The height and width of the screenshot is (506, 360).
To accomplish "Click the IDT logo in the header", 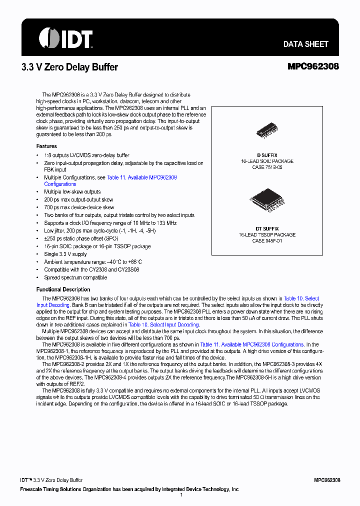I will click(x=65, y=38).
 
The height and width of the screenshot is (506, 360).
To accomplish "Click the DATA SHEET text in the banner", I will click(x=305, y=44).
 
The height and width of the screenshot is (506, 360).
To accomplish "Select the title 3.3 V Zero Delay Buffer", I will click(x=69, y=67).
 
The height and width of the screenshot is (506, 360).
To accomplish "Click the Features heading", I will click(x=46, y=146).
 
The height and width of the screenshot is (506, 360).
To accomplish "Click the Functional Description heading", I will click(x=63, y=289).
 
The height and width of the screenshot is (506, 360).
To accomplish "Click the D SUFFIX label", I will click(x=267, y=155).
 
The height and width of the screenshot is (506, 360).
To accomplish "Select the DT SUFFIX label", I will click(x=267, y=228).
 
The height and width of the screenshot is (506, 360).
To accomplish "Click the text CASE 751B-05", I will click(x=267, y=167).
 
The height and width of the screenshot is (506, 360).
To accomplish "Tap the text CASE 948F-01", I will click(x=267, y=240).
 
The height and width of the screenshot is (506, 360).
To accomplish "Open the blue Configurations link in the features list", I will click(x=60, y=184).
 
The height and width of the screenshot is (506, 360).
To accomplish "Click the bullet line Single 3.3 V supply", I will click(x=65, y=254).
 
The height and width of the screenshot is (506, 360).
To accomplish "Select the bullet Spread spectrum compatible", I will click(x=75, y=277).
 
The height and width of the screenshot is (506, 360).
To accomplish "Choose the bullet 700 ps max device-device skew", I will click(x=79, y=207).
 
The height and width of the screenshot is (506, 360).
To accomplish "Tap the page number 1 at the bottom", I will click(x=180, y=495).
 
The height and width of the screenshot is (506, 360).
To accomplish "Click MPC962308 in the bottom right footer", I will click(x=327, y=479).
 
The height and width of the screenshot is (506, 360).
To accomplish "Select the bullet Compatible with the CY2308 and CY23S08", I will click(x=91, y=269).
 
